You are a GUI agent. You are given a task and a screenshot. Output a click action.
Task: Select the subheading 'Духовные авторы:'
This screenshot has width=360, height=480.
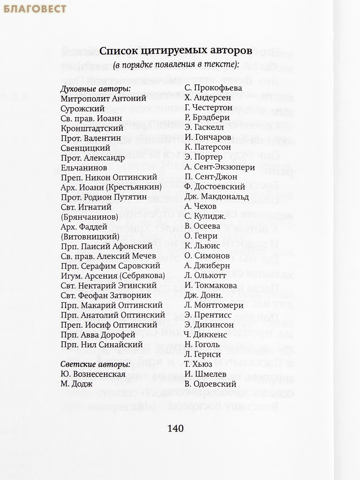(x=90, y=88)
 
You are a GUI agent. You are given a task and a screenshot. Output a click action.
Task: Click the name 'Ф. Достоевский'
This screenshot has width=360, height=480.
(x=214, y=187)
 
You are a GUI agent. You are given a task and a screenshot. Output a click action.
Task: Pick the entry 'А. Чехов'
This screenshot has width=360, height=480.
(x=200, y=206)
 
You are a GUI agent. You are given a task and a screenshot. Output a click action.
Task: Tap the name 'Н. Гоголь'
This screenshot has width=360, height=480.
(x=202, y=344)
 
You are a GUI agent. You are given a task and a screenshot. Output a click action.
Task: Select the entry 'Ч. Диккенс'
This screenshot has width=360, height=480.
(x=206, y=334)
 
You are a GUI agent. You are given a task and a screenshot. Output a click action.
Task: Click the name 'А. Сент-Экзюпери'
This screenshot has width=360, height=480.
(x=220, y=167)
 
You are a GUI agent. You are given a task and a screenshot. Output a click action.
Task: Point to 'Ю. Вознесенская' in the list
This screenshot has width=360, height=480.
(x=93, y=374)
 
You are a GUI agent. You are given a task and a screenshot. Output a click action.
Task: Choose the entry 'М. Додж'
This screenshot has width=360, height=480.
(x=76, y=384)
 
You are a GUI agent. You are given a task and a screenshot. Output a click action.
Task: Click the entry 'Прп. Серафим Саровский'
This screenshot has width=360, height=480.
(x=110, y=266)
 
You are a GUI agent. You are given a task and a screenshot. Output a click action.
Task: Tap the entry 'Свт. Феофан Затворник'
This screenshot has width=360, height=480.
(x=106, y=295)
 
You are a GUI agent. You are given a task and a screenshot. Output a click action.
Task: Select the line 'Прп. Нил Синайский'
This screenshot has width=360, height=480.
(x=102, y=344)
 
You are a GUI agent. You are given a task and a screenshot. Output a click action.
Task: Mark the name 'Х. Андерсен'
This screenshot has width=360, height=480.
(x=208, y=98)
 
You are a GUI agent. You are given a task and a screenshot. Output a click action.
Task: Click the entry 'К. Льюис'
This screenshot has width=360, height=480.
(x=202, y=246)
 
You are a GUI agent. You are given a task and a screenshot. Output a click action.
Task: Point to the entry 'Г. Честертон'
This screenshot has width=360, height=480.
(x=208, y=108)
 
